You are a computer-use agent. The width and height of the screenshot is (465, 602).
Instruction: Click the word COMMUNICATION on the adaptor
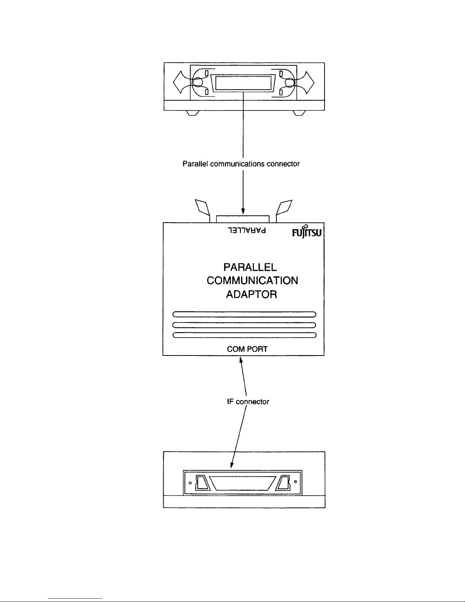[252, 281]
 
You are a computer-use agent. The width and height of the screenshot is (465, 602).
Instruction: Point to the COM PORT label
[247, 349]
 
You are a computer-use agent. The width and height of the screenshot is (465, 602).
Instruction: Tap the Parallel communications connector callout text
[241, 164]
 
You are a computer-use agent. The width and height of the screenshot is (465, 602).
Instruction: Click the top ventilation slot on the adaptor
[244, 314]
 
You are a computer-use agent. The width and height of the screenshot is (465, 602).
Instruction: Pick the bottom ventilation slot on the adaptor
[244, 335]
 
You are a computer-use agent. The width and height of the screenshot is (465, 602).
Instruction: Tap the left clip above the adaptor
[203, 207]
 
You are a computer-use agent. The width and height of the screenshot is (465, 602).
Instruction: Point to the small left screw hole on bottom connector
[190, 483]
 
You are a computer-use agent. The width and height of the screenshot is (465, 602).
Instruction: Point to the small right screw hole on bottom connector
[295, 483]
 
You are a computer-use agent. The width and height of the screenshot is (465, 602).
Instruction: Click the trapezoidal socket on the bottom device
[243, 483]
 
